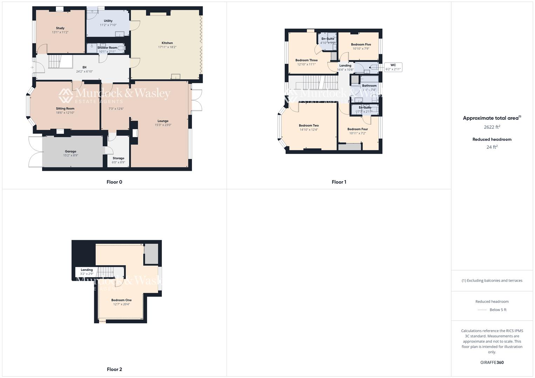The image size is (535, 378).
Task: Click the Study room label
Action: (x=60, y=28)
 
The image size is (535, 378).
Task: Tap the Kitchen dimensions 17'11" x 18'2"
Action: (x=167, y=47)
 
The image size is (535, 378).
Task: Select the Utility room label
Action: (x=108, y=21)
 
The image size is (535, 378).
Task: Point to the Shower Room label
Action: (x=107, y=48)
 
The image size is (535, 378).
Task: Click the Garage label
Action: (x=70, y=151)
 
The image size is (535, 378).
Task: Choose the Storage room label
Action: (x=118, y=158)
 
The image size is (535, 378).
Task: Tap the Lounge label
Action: (x=163, y=121)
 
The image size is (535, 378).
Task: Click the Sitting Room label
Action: (x=65, y=108)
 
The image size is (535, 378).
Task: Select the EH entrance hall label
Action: (x=84, y=67)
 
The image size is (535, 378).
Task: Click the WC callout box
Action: (x=393, y=67)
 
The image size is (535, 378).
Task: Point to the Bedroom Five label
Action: (x=361, y=44)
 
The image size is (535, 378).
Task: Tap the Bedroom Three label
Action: (x=307, y=60)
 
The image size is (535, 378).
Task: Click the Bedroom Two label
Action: (x=309, y=125)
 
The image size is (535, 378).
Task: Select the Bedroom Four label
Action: (x=358, y=129)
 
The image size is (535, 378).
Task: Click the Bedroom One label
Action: (x=122, y=300)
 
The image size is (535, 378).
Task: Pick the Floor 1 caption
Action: (x=339, y=182)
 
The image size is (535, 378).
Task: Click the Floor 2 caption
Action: (x=115, y=369)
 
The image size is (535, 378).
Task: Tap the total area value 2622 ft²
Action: (x=492, y=127)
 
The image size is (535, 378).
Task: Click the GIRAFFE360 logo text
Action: (x=492, y=363)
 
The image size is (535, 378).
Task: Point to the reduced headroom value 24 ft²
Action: (x=492, y=147)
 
